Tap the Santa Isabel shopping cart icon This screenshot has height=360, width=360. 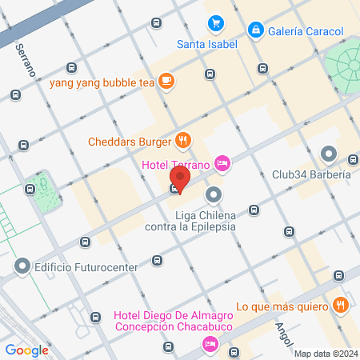(214, 24)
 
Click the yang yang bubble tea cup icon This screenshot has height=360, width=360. (166, 80)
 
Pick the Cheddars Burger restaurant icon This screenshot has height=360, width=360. (184, 142)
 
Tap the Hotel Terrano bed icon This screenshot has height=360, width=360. (222, 164)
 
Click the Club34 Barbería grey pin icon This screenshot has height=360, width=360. (328, 154)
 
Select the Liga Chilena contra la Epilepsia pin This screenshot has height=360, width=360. (214, 194)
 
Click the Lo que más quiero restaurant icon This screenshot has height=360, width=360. (340, 305)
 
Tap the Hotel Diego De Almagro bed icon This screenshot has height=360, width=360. (210, 343)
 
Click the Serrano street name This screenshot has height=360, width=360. (25, 59)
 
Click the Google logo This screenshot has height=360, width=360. (26, 350)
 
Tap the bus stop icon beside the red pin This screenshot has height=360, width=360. (174, 190)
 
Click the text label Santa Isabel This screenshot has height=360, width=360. (206, 44)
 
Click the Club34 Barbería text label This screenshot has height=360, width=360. (311, 174)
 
